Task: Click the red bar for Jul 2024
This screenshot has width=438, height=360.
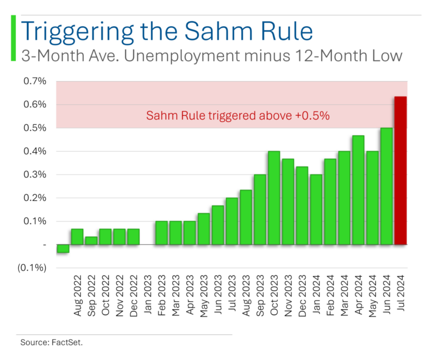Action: (400, 171)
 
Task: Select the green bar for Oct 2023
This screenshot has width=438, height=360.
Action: (274, 198)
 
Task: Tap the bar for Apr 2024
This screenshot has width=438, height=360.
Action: (358, 190)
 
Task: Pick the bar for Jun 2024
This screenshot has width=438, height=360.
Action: (387, 186)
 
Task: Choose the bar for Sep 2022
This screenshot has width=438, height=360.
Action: (91, 241)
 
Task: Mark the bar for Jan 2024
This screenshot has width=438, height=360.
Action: (316, 209)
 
